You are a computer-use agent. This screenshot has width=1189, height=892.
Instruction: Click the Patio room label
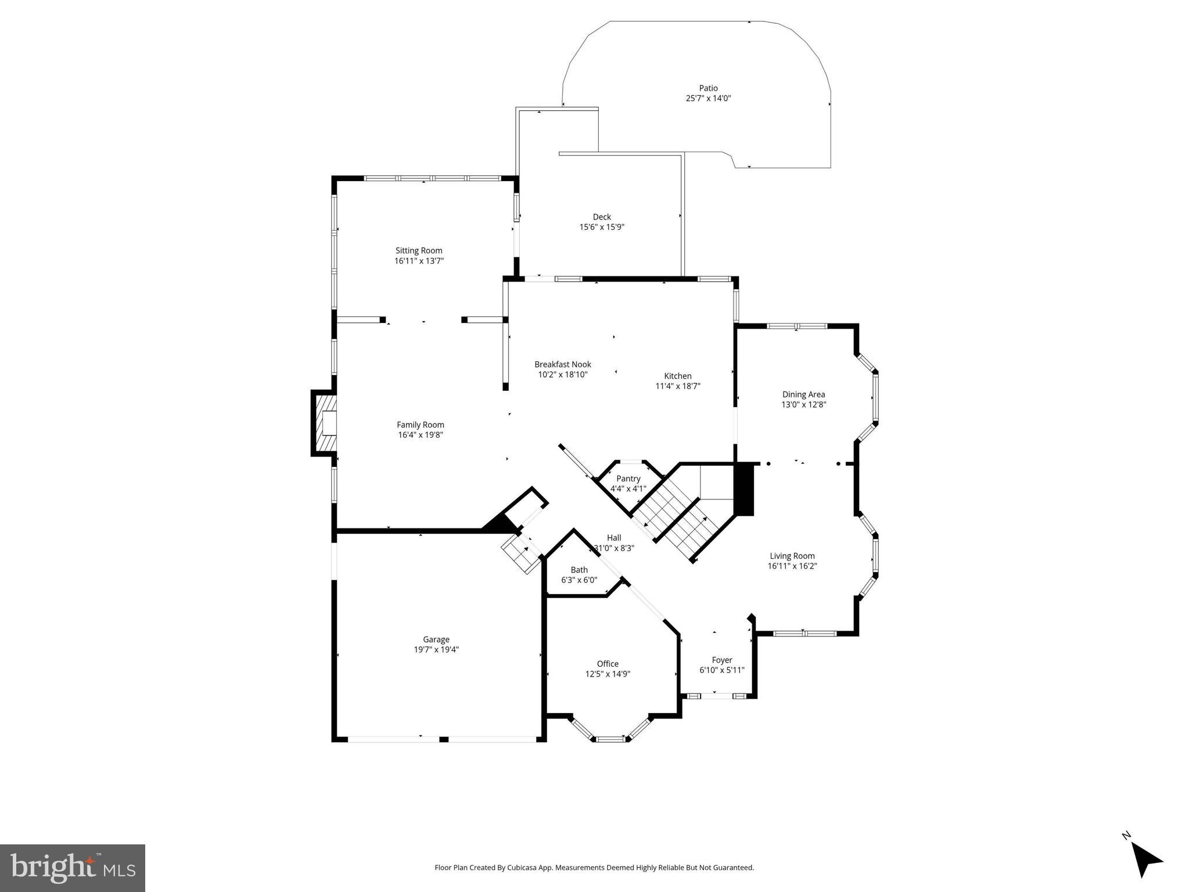708,88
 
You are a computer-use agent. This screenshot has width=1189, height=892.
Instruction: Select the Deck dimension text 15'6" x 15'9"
602,227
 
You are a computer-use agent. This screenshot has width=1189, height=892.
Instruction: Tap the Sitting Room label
419,250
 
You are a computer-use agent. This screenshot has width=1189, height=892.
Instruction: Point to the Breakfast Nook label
563,364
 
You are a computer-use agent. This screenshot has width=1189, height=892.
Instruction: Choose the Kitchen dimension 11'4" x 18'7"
678,386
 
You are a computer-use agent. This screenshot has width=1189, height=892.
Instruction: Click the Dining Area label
803,394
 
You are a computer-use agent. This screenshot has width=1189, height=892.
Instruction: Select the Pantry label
628,479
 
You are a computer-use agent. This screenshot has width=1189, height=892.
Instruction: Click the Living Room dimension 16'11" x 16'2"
792,566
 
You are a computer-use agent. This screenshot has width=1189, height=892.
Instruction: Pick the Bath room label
579,570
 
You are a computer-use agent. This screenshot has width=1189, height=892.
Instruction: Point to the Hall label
614,538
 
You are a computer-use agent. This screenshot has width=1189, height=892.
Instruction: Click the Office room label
608,664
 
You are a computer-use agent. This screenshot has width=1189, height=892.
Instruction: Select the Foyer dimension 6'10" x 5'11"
722,670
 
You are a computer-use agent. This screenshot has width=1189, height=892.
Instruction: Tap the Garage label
436,639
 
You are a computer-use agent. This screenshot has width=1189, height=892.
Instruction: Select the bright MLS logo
73,868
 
